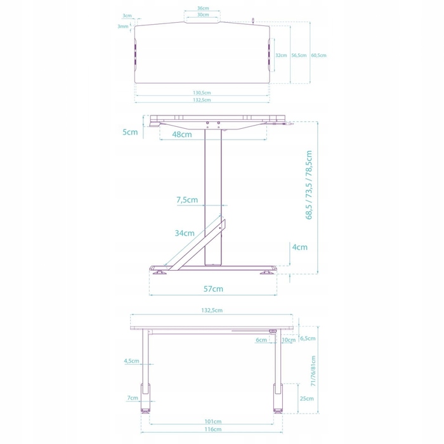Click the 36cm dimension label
(x=203, y=8)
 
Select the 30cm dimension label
(x=203, y=15)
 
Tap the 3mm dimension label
(x=123, y=27)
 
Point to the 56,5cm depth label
(x=299, y=56)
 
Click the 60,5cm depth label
(x=319, y=56)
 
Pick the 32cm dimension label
(x=281, y=56)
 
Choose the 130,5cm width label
(x=202, y=93)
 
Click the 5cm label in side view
(x=130, y=132)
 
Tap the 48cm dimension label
(x=182, y=134)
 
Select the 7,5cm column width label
(x=187, y=200)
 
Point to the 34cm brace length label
(x=185, y=233)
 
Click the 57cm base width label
(x=213, y=289)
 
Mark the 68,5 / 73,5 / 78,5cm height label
(x=309, y=185)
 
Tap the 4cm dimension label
(x=299, y=247)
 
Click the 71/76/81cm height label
(x=313, y=371)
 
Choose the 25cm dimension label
(x=306, y=398)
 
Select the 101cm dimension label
(x=213, y=421)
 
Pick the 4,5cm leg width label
(x=131, y=361)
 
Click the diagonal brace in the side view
(x=195, y=245)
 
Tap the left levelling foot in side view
(x=159, y=272)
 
